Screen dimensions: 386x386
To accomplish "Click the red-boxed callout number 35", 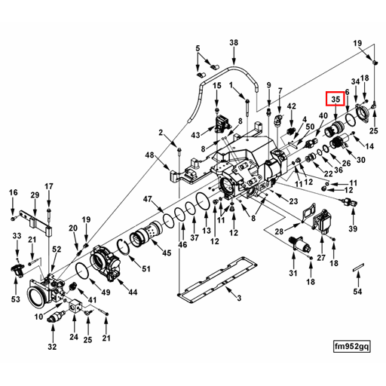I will (x=334, y=99).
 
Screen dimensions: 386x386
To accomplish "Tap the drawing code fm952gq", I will (x=352, y=346).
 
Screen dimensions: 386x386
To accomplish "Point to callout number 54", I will (x=358, y=291).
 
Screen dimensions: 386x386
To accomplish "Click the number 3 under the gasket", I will (x=238, y=299).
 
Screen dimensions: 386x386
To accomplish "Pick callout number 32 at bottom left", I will (x=52, y=347).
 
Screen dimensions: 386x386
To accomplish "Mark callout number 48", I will (x=150, y=155).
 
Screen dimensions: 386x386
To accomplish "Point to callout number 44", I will (x=133, y=292).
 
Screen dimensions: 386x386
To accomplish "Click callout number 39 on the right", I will (x=353, y=228).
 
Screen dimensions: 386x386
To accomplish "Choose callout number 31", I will (x=294, y=273).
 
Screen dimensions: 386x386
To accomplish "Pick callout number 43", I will (x=195, y=134).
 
